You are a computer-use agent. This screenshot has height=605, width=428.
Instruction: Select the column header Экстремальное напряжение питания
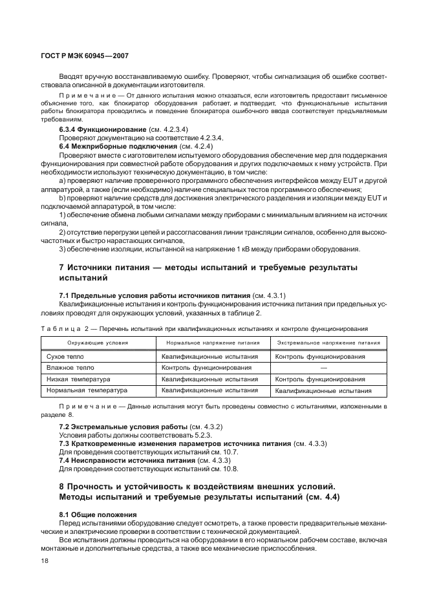pyautogui.click(x=328, y=343)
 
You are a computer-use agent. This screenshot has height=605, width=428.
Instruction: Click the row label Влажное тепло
pyautogui.click(x=70, y=368)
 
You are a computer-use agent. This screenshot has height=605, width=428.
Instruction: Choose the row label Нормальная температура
pyautogui.click(x=87, y=390)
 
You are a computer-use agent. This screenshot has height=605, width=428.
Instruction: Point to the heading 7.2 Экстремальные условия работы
pyautogui.click(x=122, y=427)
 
